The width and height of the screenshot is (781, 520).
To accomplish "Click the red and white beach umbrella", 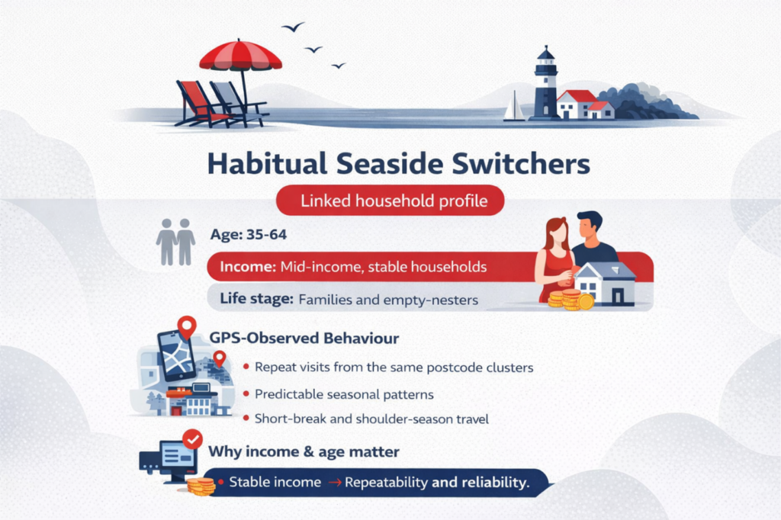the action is point(240,56).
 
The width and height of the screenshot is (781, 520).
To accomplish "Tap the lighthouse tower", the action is point(546,84).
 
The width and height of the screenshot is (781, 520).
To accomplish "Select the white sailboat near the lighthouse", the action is point(513,106).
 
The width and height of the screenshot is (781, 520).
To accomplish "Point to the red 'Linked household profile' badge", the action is point(390,201).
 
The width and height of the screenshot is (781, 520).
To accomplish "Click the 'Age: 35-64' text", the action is point(248,234).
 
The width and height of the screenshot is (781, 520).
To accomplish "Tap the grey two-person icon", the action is point(175,242).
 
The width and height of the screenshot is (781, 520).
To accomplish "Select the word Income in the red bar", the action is point(248,266).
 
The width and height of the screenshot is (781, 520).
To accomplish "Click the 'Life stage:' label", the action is point(256,298).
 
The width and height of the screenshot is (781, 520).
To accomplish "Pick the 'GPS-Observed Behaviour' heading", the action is point(304,339).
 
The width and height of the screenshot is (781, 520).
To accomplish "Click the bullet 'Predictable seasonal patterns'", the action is point(344,394).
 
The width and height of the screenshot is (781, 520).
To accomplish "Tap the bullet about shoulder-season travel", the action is point(371,419).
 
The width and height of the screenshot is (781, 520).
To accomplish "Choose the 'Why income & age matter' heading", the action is point(304,452).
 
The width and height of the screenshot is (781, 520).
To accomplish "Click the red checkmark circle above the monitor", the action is point(192,439).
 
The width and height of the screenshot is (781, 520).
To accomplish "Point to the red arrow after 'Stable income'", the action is point(335,482).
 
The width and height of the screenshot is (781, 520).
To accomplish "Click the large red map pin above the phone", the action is point(187,328).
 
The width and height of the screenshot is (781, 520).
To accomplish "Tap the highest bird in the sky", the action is point(293,27).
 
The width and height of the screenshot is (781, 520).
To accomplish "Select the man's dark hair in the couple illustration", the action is point(590,220).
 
